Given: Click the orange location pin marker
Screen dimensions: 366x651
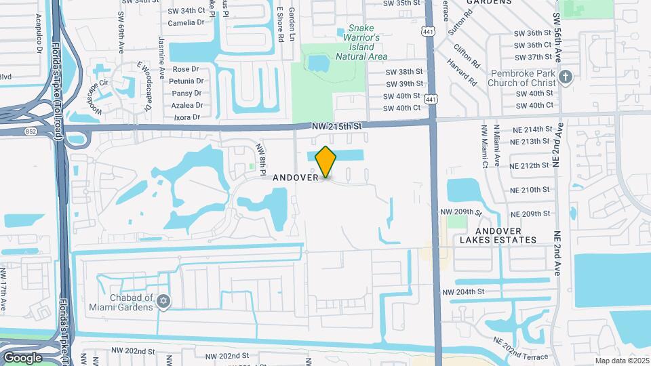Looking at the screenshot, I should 326,162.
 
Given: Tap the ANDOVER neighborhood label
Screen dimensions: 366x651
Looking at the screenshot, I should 295,178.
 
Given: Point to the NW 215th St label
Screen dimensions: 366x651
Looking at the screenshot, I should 338,126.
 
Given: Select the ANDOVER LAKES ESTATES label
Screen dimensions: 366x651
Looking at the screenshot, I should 498,235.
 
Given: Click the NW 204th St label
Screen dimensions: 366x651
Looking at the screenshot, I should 464,292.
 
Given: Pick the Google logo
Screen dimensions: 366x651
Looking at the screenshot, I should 22,357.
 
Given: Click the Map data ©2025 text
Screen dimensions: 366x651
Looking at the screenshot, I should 621,361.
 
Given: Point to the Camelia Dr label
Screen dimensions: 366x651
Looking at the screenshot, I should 186,22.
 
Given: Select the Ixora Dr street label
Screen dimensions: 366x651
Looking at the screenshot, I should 186,117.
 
